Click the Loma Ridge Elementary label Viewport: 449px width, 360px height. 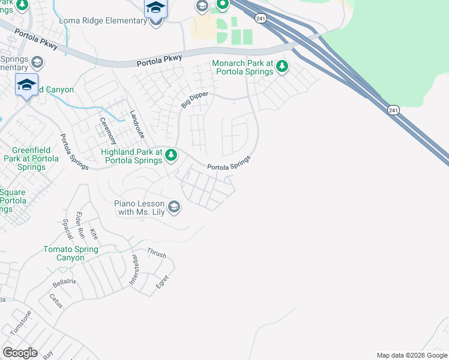tap(103, 21)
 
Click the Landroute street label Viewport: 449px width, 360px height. tap(137, 122)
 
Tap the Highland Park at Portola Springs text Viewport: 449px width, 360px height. tap(132, 157)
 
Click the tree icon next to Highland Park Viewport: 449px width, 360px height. tap(171, 156)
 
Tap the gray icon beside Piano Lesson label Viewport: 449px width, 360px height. tap(174, 208)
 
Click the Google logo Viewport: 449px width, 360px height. tap(20, 353)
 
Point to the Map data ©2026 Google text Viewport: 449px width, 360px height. tap(411, 355)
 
